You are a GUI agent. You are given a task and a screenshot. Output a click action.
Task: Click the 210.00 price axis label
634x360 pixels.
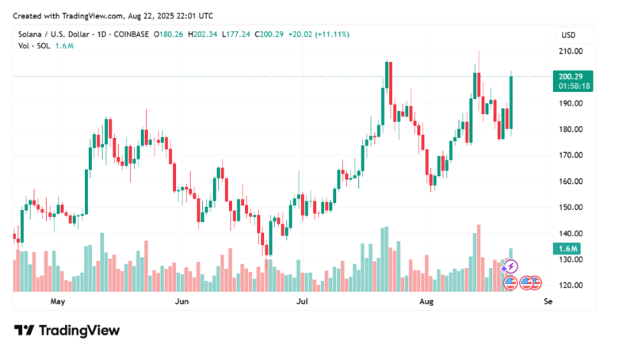point(571,51)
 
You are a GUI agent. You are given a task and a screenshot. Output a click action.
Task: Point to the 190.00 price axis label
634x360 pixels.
point(571,103)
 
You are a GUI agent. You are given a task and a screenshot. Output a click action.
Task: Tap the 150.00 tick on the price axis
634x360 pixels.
point(571,207)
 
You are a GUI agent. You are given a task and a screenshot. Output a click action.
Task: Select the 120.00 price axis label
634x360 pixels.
point(571,285)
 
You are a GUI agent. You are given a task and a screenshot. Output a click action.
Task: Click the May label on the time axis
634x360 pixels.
point(57,302)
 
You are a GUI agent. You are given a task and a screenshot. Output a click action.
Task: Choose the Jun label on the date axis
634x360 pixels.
point(181,302)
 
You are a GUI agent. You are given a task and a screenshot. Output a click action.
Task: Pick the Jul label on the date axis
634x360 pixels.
point(302,302)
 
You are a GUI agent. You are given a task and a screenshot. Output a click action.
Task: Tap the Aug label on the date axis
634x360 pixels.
point(426,302)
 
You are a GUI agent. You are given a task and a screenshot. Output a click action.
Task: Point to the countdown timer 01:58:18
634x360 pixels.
point(571,85)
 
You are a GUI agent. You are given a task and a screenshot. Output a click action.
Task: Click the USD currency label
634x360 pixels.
point(568,35)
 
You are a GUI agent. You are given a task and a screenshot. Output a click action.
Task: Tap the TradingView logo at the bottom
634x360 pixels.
point(67,331)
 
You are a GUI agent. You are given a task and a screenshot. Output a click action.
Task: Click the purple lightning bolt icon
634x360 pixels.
point(512,266)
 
